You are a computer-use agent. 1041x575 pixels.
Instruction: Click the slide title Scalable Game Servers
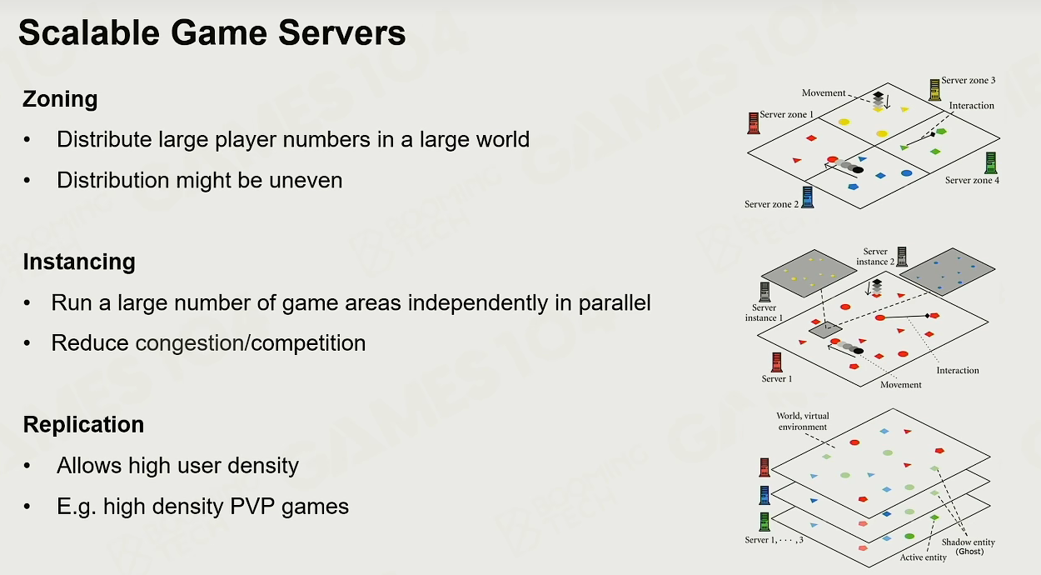212,32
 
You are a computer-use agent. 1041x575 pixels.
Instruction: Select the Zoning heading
60,99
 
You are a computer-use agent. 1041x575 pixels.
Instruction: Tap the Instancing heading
79,262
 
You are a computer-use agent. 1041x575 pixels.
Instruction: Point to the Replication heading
83,424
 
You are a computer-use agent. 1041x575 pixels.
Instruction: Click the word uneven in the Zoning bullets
306,180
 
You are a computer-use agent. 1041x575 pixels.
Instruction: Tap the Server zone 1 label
786,114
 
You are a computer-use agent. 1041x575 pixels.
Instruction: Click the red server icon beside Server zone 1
754,123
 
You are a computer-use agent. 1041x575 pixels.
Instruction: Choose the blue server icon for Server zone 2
808,197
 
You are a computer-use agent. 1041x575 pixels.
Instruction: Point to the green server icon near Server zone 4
991,163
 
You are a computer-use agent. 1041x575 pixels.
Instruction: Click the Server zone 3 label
969,81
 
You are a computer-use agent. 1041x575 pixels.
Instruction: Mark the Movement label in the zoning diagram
824,93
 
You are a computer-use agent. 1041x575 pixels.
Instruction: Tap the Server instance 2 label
875,257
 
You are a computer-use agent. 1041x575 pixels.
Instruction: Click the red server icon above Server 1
776,362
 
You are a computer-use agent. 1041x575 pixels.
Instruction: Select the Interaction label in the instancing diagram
958,370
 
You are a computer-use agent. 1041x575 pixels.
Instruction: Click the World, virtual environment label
803,422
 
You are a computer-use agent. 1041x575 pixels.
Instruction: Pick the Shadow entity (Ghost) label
969,547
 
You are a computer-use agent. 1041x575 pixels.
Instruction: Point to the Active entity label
923,557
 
